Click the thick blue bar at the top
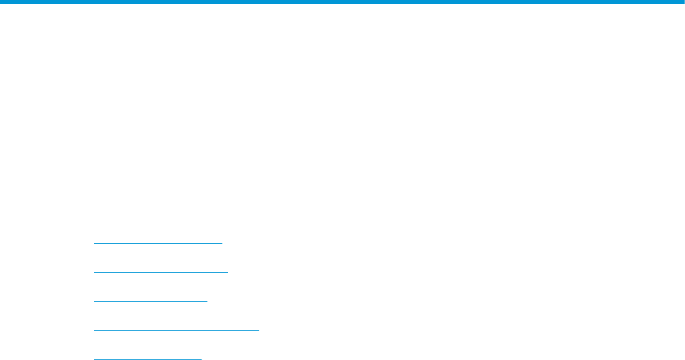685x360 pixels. pos(342,2)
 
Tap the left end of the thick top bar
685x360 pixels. pos(1,2)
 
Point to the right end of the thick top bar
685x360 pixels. pos(683,2)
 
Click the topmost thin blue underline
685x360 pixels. pos(158,243)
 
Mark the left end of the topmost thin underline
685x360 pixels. pos(94,243)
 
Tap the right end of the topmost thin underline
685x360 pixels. pos(222,243)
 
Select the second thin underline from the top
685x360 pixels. pos(160,272)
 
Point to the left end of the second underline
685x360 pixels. pos(94,272)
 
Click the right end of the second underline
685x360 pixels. pos(227,272)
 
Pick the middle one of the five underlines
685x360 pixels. pos(151,301)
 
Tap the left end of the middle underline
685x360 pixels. pos(94,301)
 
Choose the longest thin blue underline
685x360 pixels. pos(176,330)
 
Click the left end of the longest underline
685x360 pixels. pos(94,330)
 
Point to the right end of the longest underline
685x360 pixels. pos(258,330)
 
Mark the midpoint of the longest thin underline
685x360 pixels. pos(176,330)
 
